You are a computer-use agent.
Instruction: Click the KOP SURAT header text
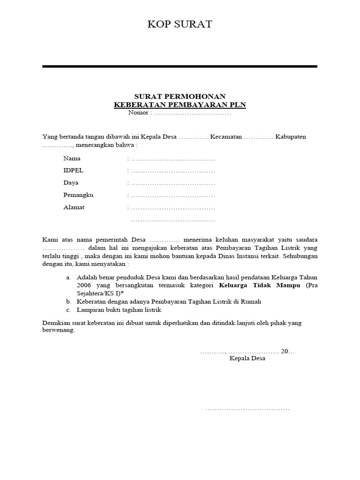coord(180,24)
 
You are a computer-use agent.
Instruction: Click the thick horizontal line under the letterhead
coord(180,67)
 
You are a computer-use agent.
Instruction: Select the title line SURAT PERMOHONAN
coord(180,97)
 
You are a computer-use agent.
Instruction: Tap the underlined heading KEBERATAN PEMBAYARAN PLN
coord(180,105)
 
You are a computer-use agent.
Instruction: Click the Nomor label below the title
coord(138,113)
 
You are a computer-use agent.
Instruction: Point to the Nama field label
coord(72,158)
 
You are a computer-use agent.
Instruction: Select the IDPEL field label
coord(73,171)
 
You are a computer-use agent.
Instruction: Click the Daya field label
coord(71,183)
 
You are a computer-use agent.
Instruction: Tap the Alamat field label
coord(74,207)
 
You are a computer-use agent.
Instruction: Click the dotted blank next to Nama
coord(172,159)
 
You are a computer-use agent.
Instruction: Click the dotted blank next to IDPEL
coord(172,171)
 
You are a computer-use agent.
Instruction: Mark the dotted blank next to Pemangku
coord(172,195)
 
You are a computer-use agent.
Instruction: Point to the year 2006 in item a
coord(84,285)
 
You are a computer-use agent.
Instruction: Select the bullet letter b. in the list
coord(69,301)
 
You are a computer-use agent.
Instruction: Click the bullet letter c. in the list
coord(69,310)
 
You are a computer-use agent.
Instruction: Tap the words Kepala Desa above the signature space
coord(247,359)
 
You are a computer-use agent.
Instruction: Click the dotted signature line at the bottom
coord(247,409)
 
